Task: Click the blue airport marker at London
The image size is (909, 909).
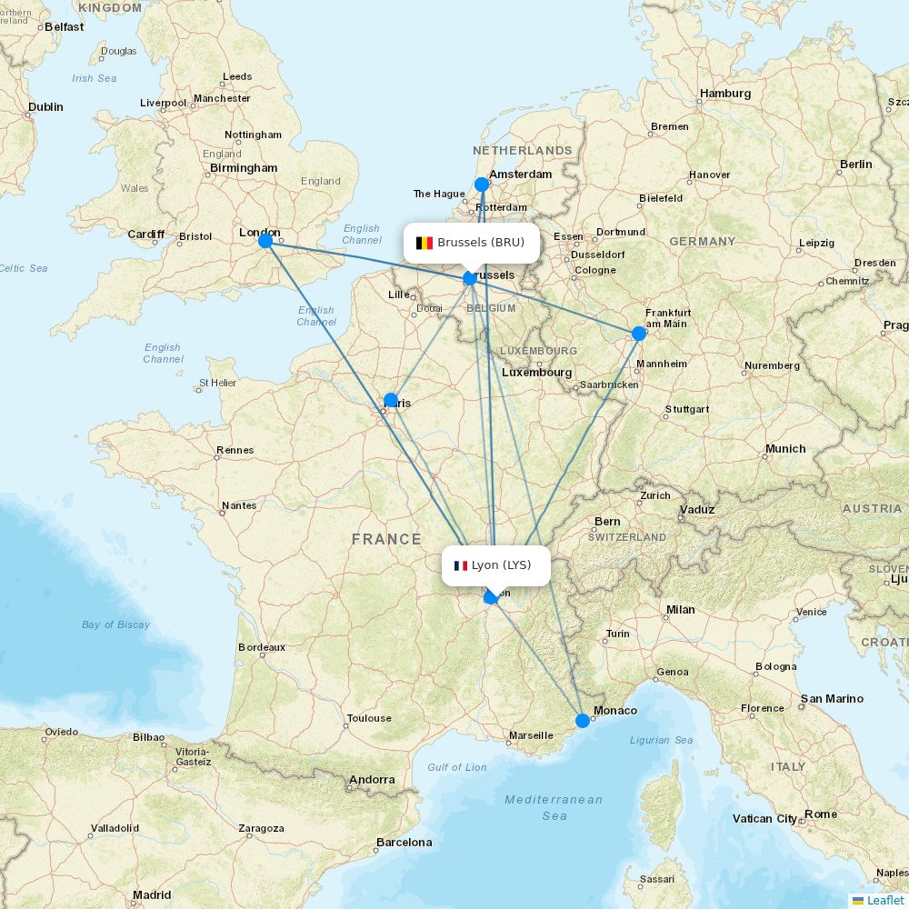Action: click(x=265, y=241)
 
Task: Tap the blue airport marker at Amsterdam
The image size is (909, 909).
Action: click(x=482, y=185)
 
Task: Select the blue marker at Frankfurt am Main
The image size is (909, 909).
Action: click(x=639, y=334)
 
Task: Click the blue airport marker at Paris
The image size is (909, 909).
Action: click(x=391, y=400)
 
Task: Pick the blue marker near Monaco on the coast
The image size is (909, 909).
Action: click(x=583, y=721)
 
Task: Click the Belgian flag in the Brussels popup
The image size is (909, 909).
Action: click(x=424, y=243)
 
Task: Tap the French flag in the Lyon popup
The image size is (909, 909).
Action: click(x=461, y=565)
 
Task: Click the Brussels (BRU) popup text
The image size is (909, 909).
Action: click(x=481, y=243)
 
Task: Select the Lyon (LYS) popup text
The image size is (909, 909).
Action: click(x=501, y=565)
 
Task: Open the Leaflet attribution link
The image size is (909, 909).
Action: click(x=884, y=900)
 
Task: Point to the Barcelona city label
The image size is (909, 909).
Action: click(x=405, y=843)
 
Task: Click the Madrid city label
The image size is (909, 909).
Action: click(x=151, y=895)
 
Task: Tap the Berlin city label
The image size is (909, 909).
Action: click(x=855, y=165)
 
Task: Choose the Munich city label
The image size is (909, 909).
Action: click(x=785, y=449)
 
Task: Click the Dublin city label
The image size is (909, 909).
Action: click(x=45, y=107)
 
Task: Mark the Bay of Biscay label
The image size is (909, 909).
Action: click(x=115, y=624)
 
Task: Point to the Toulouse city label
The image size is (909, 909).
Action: click(x=369, y=718)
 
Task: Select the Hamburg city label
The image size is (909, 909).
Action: click(x=725, y=94)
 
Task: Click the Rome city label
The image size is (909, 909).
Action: click(x=821, y=814)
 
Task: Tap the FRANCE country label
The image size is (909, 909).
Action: click(x=386, y=539)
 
